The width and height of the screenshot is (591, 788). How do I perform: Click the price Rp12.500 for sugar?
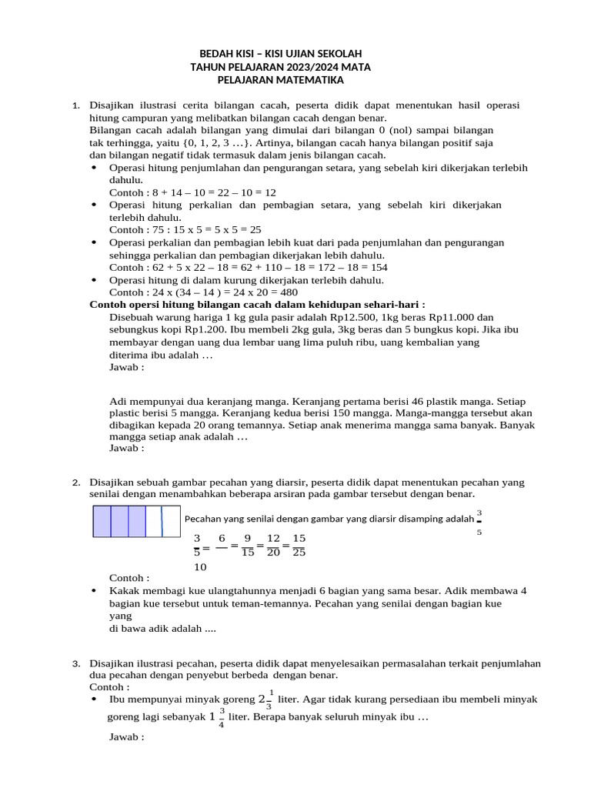[x=335, y=317]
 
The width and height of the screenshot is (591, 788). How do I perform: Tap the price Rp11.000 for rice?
[x=450, y=317]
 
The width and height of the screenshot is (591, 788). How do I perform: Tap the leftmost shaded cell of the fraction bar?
[x=102, y=521]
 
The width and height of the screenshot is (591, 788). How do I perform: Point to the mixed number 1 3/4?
[x=218, y=716]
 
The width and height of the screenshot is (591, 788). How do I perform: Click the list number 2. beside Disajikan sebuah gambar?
[x=76, y=482]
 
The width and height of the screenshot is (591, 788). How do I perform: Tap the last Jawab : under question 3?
[x=127, y=737]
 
